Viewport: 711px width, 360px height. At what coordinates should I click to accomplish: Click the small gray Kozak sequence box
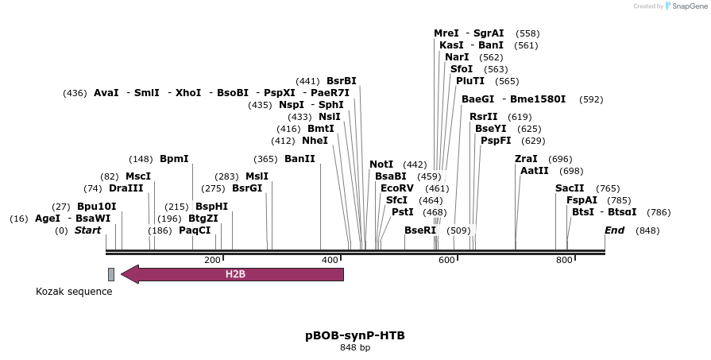(111, 274)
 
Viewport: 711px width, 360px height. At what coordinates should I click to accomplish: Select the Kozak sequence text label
(74, 292)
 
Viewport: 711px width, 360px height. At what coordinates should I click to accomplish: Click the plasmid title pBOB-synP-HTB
(355, 335)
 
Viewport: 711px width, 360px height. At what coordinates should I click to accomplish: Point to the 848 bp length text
(355, 347)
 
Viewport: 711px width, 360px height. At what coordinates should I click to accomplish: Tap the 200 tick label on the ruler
(212, 261)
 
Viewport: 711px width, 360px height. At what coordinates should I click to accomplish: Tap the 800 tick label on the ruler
(564, 261)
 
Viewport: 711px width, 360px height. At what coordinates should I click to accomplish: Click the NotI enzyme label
(381, 165)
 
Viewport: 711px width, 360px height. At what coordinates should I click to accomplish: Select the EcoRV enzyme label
(397, 188)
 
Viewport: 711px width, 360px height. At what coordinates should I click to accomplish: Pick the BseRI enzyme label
(420, 230)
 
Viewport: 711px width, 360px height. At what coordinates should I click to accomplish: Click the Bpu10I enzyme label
(96, 207)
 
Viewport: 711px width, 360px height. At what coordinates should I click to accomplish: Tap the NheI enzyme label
(315, 141)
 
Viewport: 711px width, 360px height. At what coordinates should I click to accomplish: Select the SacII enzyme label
(570, 188)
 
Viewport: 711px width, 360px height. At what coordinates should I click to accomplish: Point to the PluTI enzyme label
(470, 81)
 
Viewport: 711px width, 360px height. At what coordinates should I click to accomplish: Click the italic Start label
(87, 230)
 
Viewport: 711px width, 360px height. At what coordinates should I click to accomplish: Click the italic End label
(614, 230)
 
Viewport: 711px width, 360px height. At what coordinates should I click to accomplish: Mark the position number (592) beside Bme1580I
(591, 99)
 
